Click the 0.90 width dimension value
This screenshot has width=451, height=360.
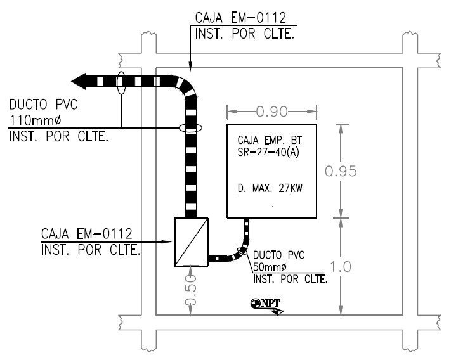pyautogui.click(x=271, y=112)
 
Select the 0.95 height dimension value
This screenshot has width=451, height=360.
pyautogui.click(x=341, y=171)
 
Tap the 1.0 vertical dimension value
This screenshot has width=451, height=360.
pyautogui.click(x=341, y=267)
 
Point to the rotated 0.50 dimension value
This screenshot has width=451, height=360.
pyautogui.click(x=191, y=290)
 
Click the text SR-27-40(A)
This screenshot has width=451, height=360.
pyautogui.click(x=268, y=152)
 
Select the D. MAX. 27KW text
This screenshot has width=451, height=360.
pyautogui.click(x=270, y=188)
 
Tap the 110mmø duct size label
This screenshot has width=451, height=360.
pyautogui.click(x=36, y=120)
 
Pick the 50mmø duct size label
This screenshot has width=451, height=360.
pyautogui.click(x=270, y=267)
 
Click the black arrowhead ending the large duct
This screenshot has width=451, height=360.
pyautogui.click(x=78, y=81)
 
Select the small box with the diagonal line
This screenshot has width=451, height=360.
pyautogui.click(x=192, y=242)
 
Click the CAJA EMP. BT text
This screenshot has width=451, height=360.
pyautogui.click(x=270, y=140)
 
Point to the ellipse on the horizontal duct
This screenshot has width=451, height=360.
pyautogui.click(x=121, y=83)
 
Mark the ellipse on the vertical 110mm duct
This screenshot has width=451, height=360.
pyautogui.click(x=190, y=128)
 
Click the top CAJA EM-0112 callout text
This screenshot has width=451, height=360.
pyautogui.click(x=241, y=18)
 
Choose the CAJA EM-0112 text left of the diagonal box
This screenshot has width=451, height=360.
pyautogui.click(x=86, y=234)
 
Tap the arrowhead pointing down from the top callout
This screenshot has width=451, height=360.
pyautogui.click(x=190, y=66)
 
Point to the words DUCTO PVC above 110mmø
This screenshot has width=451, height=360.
pyautogui.click(x=43, y=105)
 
